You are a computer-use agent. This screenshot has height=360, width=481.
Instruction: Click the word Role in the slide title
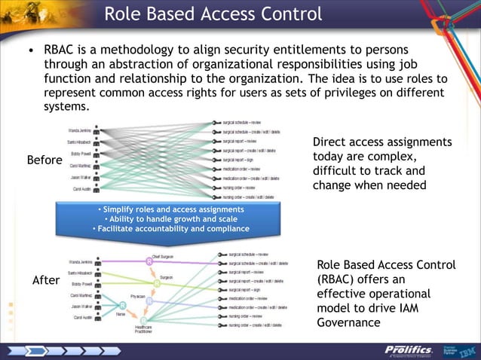click(x=124, y=14)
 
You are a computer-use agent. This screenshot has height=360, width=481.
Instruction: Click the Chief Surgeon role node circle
click(x=149, y=262)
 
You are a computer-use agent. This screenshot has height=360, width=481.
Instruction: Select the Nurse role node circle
click(x=123, y=306)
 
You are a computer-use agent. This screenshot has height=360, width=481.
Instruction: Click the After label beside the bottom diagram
click(x=45, y=280)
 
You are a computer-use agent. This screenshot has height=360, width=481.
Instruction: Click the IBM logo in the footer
click(x=467, y=351)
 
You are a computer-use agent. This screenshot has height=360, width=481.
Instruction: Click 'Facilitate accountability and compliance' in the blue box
click(x=170, y=229)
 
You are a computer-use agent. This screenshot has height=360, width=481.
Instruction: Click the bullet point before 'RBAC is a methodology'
click(x=31, y=52)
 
